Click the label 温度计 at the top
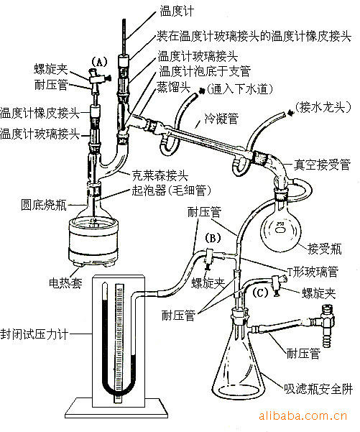(x=176, y=11)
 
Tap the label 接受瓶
(x=323, y=249)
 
